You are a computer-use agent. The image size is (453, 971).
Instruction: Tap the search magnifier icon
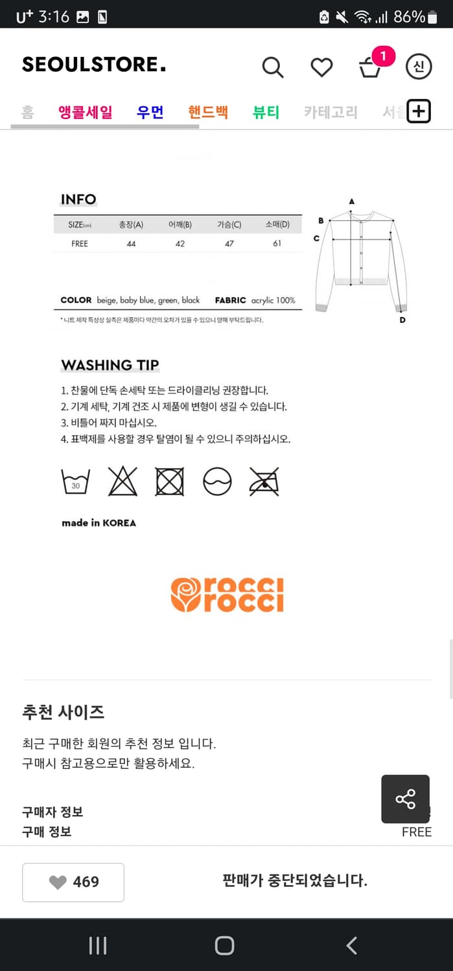(273, 67)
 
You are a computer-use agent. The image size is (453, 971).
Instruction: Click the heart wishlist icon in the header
(321, 67)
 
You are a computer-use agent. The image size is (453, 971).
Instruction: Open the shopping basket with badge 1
(370, 67)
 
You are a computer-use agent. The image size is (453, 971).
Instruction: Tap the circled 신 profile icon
(419, 67)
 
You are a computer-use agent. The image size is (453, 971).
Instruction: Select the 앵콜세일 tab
(86, 112)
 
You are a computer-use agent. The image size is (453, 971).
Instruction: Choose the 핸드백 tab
(208, 112)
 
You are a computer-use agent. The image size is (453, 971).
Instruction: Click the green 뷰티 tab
(266, 112)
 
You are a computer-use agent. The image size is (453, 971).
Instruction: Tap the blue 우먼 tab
(150, 112)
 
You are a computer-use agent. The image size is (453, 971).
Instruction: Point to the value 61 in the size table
(277, 243)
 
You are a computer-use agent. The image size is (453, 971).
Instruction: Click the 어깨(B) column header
(180, 225)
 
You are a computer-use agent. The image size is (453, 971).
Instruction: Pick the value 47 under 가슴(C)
(229, 243)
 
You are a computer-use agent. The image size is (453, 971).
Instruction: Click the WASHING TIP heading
(110, 365)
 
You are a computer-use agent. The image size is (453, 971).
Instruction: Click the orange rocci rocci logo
(227, 595)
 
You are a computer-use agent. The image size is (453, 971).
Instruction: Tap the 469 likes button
(73, 882)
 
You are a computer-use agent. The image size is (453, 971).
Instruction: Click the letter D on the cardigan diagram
(402, 320)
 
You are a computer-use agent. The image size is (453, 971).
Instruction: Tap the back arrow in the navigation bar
(352, 946)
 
